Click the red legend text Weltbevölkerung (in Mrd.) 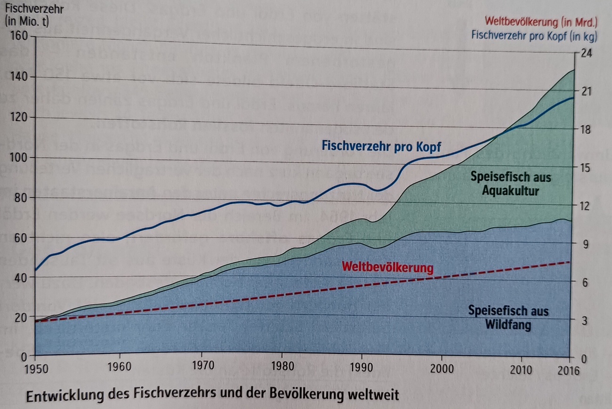(541, 22)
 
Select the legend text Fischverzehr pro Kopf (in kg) (534, 35)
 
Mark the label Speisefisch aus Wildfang (508, 318)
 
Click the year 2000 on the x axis (442, 368)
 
